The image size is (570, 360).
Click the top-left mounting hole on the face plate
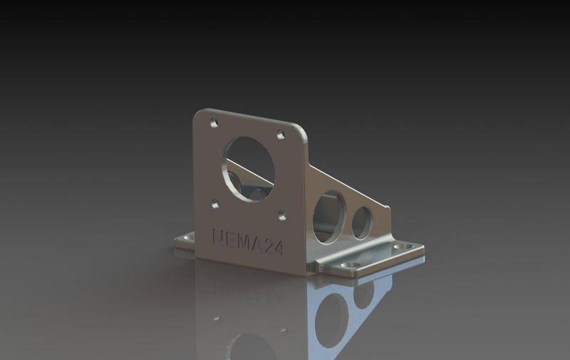[x=214, y=123]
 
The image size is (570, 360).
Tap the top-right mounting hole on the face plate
[x=281, y=133]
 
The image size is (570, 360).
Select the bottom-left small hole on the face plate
[x=215, y=205]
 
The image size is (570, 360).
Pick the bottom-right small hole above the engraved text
[x=281, y=215]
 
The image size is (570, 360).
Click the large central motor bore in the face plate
[x=248, y=168]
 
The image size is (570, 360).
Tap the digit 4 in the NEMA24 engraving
[x=278, y=248]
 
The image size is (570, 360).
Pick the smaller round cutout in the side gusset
[x=361, y=222]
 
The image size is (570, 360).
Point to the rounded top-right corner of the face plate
[x=301, y=135]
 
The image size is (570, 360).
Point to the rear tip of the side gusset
[x=388, y=209]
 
